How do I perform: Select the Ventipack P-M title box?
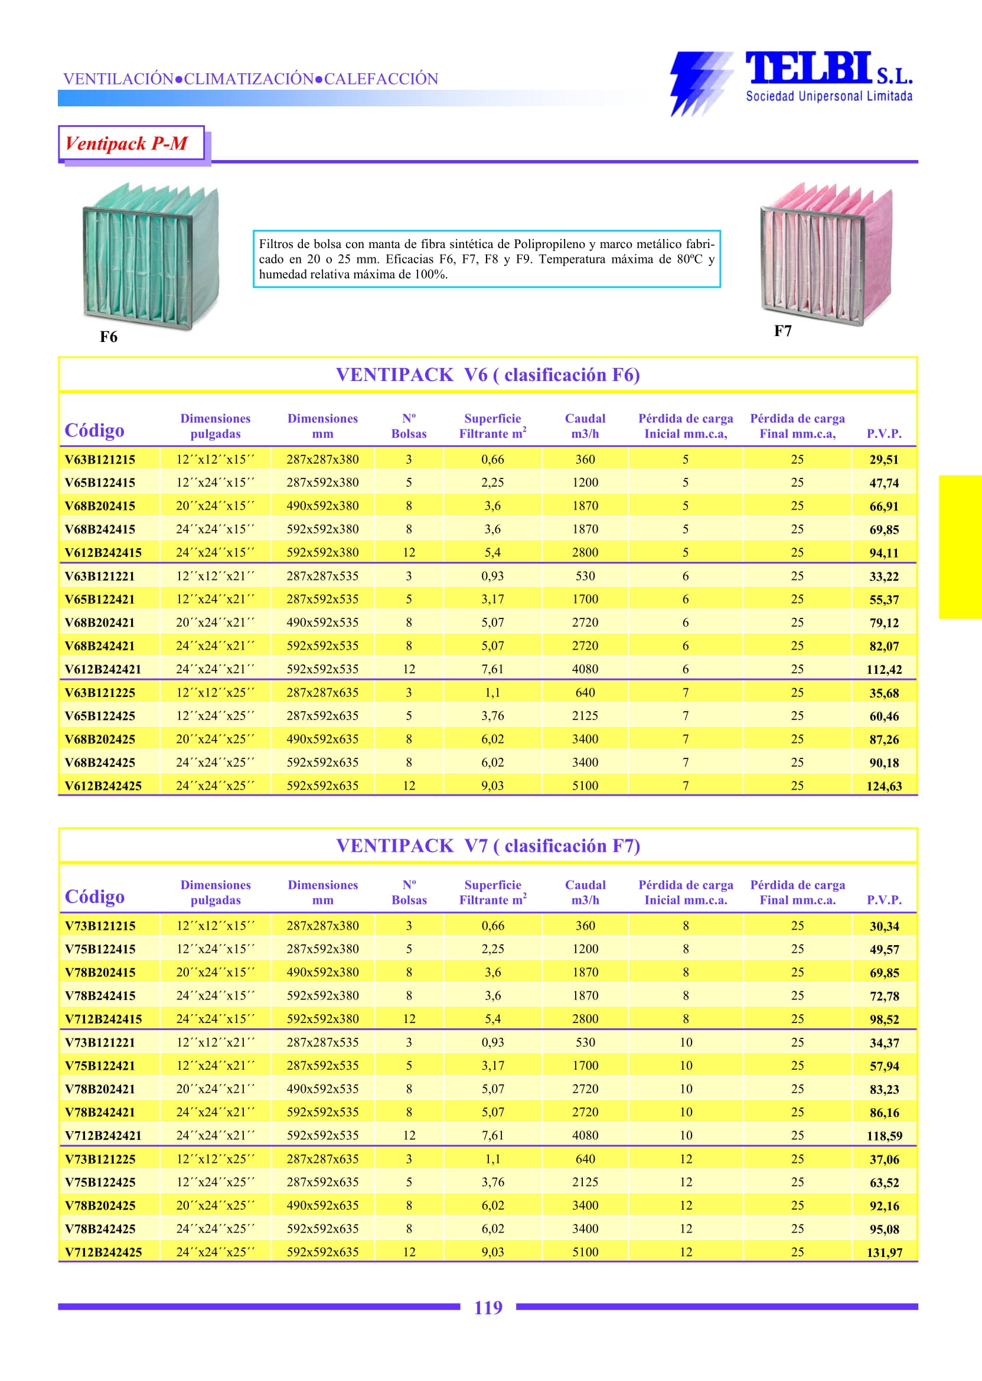(131, 144)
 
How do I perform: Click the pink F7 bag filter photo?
(826, 253)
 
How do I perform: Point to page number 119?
(488, 1307)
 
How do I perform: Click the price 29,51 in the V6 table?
(883, 460)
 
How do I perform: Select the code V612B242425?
(103, 786)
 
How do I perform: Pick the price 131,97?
(884, 1252)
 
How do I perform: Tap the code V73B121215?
(100, 926)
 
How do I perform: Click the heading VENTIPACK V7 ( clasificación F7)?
(488, 846)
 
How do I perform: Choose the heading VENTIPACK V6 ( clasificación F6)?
(488, 375)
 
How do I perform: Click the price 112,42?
(884, 670)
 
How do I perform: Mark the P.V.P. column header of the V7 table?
(883, 900)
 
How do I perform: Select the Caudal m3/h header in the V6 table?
(585, 426)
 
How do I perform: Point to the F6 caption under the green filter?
(108, 337)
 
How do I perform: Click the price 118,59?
(884, 1136)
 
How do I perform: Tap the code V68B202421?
(100, 623)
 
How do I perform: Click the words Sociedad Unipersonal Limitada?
(829, 96)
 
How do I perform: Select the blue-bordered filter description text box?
(487, 259)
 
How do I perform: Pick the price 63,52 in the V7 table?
(884, 1183)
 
